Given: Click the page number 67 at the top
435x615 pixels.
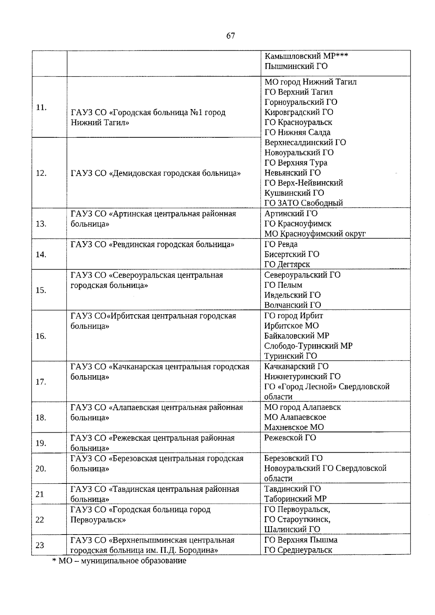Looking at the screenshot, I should [231, 36].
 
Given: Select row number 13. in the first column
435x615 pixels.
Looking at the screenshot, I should [41, 224].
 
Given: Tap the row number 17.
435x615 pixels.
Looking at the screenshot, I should [41, 382].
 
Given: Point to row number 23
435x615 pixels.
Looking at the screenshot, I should [40, 545].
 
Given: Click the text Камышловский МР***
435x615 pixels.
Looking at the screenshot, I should [306, 56].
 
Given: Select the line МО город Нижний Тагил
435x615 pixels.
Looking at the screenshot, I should [310, 82].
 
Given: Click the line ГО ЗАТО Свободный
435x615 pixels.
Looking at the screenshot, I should [303, 203].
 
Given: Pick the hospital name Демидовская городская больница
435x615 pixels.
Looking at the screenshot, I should [156, 173].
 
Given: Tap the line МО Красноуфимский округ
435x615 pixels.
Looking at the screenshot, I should [315, 234].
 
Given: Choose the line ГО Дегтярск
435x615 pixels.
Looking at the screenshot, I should [287, 265].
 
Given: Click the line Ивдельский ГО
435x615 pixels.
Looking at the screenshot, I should [292, 295].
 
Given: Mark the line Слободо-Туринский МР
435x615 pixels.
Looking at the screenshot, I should [308, 346].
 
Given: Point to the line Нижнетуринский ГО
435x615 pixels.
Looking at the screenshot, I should [302, 377].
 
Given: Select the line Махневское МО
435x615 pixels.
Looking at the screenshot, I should [294, 427].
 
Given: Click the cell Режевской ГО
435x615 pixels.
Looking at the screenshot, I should [290, 438].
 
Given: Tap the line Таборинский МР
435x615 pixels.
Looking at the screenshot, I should [295, 499].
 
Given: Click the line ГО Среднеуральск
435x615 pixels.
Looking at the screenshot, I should [298, 550].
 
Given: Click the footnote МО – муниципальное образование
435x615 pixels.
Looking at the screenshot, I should [119, 561].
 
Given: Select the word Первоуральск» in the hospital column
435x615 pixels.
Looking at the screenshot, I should [98, 520].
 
